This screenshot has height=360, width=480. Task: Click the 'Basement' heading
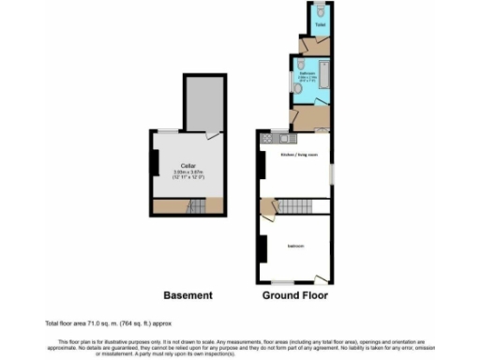click(187, 295)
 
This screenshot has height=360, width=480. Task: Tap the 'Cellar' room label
click(187, 166)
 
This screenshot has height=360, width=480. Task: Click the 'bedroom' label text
click(295, 247)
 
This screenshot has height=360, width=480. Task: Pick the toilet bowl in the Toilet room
click(321, 10)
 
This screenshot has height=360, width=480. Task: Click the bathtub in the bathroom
click(324, 82)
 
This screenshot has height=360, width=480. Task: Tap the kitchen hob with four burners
click(268, 139)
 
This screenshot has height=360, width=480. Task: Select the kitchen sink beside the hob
click(280, 139)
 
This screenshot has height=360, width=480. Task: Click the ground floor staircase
click(298, 206)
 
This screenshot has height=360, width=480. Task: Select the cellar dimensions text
click(187, 175)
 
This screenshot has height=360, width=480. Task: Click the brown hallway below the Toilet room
click(309, 45)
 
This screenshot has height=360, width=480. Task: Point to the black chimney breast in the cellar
click(154, 161)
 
